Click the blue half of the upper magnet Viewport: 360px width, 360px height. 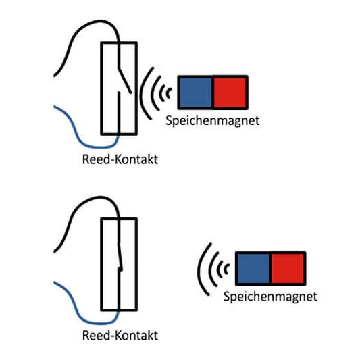point(195,92)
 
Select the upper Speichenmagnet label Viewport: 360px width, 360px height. point(213,120)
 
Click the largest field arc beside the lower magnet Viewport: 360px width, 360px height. point(201,269)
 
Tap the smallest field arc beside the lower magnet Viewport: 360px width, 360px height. point(226,269)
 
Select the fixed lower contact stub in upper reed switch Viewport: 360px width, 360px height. point(120,108)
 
